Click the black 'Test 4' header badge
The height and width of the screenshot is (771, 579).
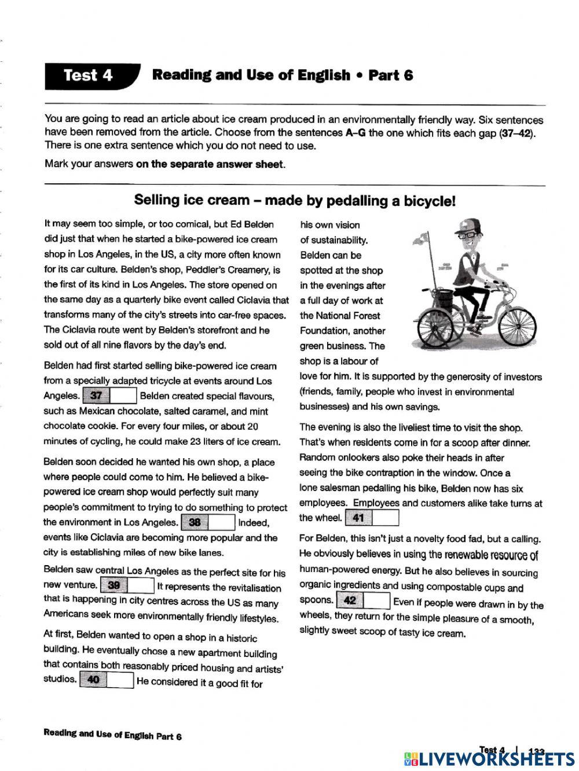click(90, 76)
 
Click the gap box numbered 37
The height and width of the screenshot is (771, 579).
click(110, 396)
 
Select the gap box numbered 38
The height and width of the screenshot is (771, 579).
click(208, 522)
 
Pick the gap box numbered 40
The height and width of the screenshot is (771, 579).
click(107, 680)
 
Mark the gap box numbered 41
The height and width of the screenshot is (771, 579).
click(372, 518)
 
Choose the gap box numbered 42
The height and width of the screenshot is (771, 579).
click(362, 600)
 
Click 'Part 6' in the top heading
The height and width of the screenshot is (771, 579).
click(391, 75)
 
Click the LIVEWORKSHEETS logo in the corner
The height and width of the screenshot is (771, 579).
click(489, 758)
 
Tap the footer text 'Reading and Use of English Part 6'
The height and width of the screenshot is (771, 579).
click(112, 735)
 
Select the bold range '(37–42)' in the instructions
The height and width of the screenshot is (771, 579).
click(522, 132)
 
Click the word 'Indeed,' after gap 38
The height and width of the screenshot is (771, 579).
click(254, 522)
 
